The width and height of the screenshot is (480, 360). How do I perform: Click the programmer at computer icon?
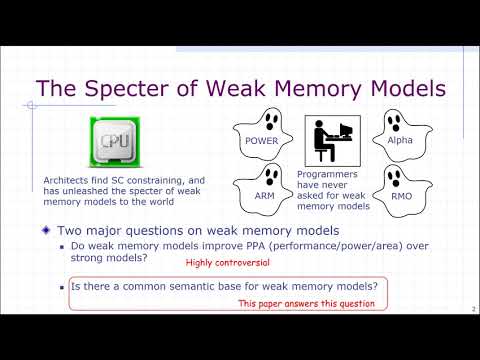333,141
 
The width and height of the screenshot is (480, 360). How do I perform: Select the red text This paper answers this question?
306,303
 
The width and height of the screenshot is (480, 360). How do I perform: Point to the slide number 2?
471,309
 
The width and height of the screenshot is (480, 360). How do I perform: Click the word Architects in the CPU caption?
65,180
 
